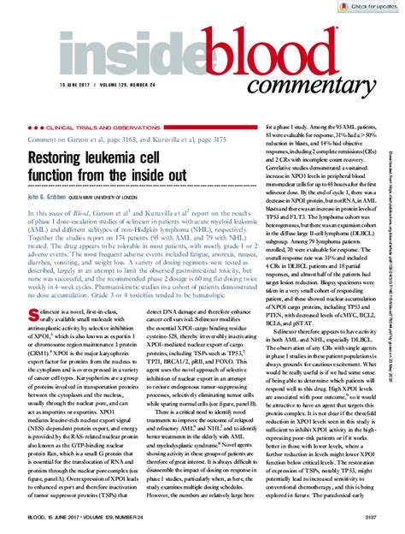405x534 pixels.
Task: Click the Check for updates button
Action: (x=370, y=6)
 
